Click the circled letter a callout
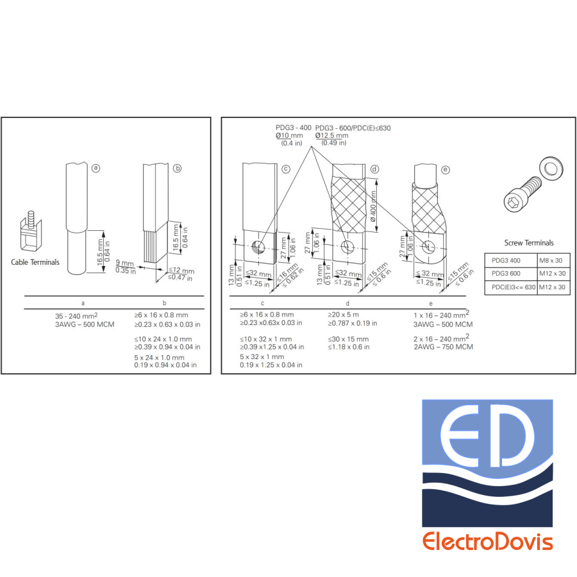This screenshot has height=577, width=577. click(96, 168)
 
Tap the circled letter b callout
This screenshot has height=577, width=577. click(178, 168)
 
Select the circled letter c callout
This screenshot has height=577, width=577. click(286, 169)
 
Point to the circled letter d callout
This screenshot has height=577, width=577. click(374, 169)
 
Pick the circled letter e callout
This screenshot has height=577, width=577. click(446, 170)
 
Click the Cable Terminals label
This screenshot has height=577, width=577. click(35, 262)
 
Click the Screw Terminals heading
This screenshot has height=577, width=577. click(529, 243)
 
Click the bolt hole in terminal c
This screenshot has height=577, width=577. click(258, 246)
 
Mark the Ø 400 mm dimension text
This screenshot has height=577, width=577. click(372, 206)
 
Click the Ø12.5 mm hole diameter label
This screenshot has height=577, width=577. click(331, 135)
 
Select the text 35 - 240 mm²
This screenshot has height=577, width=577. click(76, 315)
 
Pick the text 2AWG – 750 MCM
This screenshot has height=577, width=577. click(444, 347)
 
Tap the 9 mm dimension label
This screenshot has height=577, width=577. click(125, 263)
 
